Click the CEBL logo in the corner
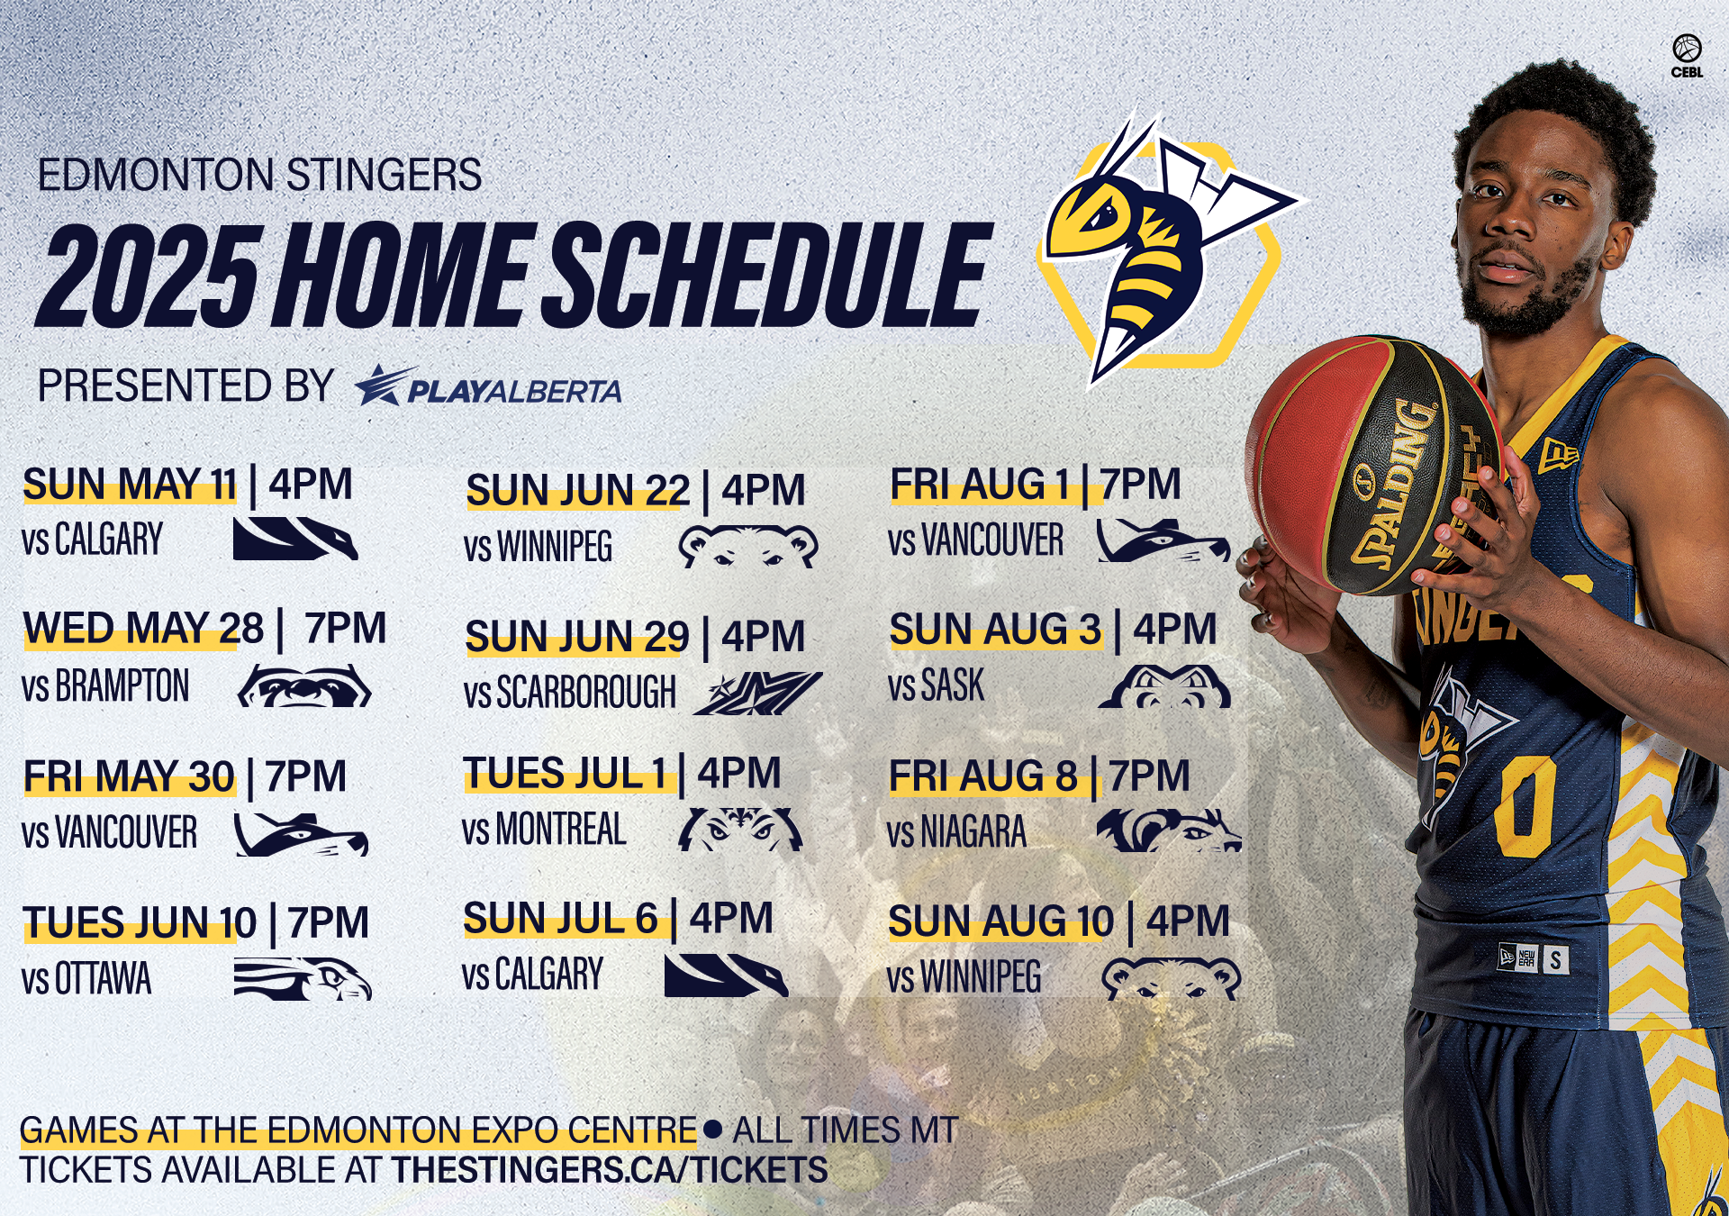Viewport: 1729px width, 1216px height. click(x=1687, y=56)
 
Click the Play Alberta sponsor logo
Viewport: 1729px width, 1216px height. click(x=487, y=386)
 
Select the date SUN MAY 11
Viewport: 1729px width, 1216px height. click(x=130, y=485)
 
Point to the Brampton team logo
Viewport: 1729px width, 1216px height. click(x=304, y=686)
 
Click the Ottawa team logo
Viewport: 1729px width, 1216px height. click(x=303, y=979)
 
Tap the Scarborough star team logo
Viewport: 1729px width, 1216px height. click(x=757, y=693)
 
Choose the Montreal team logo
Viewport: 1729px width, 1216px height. click(x=740, y=830)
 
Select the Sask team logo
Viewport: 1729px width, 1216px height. click(x=1164, y=686)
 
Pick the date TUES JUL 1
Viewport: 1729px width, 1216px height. click(x=565, y=774)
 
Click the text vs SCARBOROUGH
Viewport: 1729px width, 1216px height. click(x=569, y=693)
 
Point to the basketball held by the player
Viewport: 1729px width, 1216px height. click(x=1373, y=466)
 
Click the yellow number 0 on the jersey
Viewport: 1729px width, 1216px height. click(x=1525, y=806)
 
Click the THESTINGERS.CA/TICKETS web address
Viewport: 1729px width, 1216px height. click(x=609, y=1170)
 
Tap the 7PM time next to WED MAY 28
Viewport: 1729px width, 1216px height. click(x=345, y=628)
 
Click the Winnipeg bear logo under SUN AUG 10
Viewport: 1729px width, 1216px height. click(x=1171, y=978)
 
